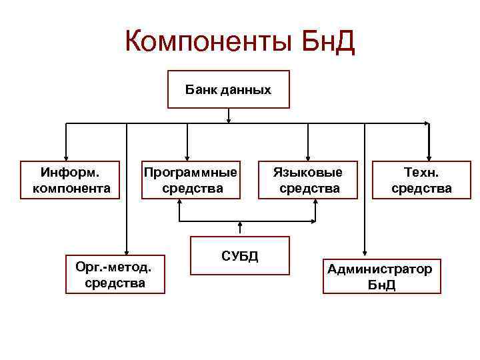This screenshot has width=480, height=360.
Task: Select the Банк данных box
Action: point(228,89)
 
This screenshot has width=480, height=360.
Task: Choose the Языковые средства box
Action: point(309,180)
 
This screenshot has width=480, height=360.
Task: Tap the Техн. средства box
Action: point(421,180)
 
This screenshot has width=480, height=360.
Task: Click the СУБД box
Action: point(239,255)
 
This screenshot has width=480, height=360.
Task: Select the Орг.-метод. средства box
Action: point(115,275)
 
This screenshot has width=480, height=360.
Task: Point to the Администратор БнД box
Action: point(381,276)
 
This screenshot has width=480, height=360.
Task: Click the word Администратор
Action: point(379,269)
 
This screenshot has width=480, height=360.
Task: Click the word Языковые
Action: point(309,173)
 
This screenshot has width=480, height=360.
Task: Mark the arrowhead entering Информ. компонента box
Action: point(66,157)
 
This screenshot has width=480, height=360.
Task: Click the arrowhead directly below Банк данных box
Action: point(229,120)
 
